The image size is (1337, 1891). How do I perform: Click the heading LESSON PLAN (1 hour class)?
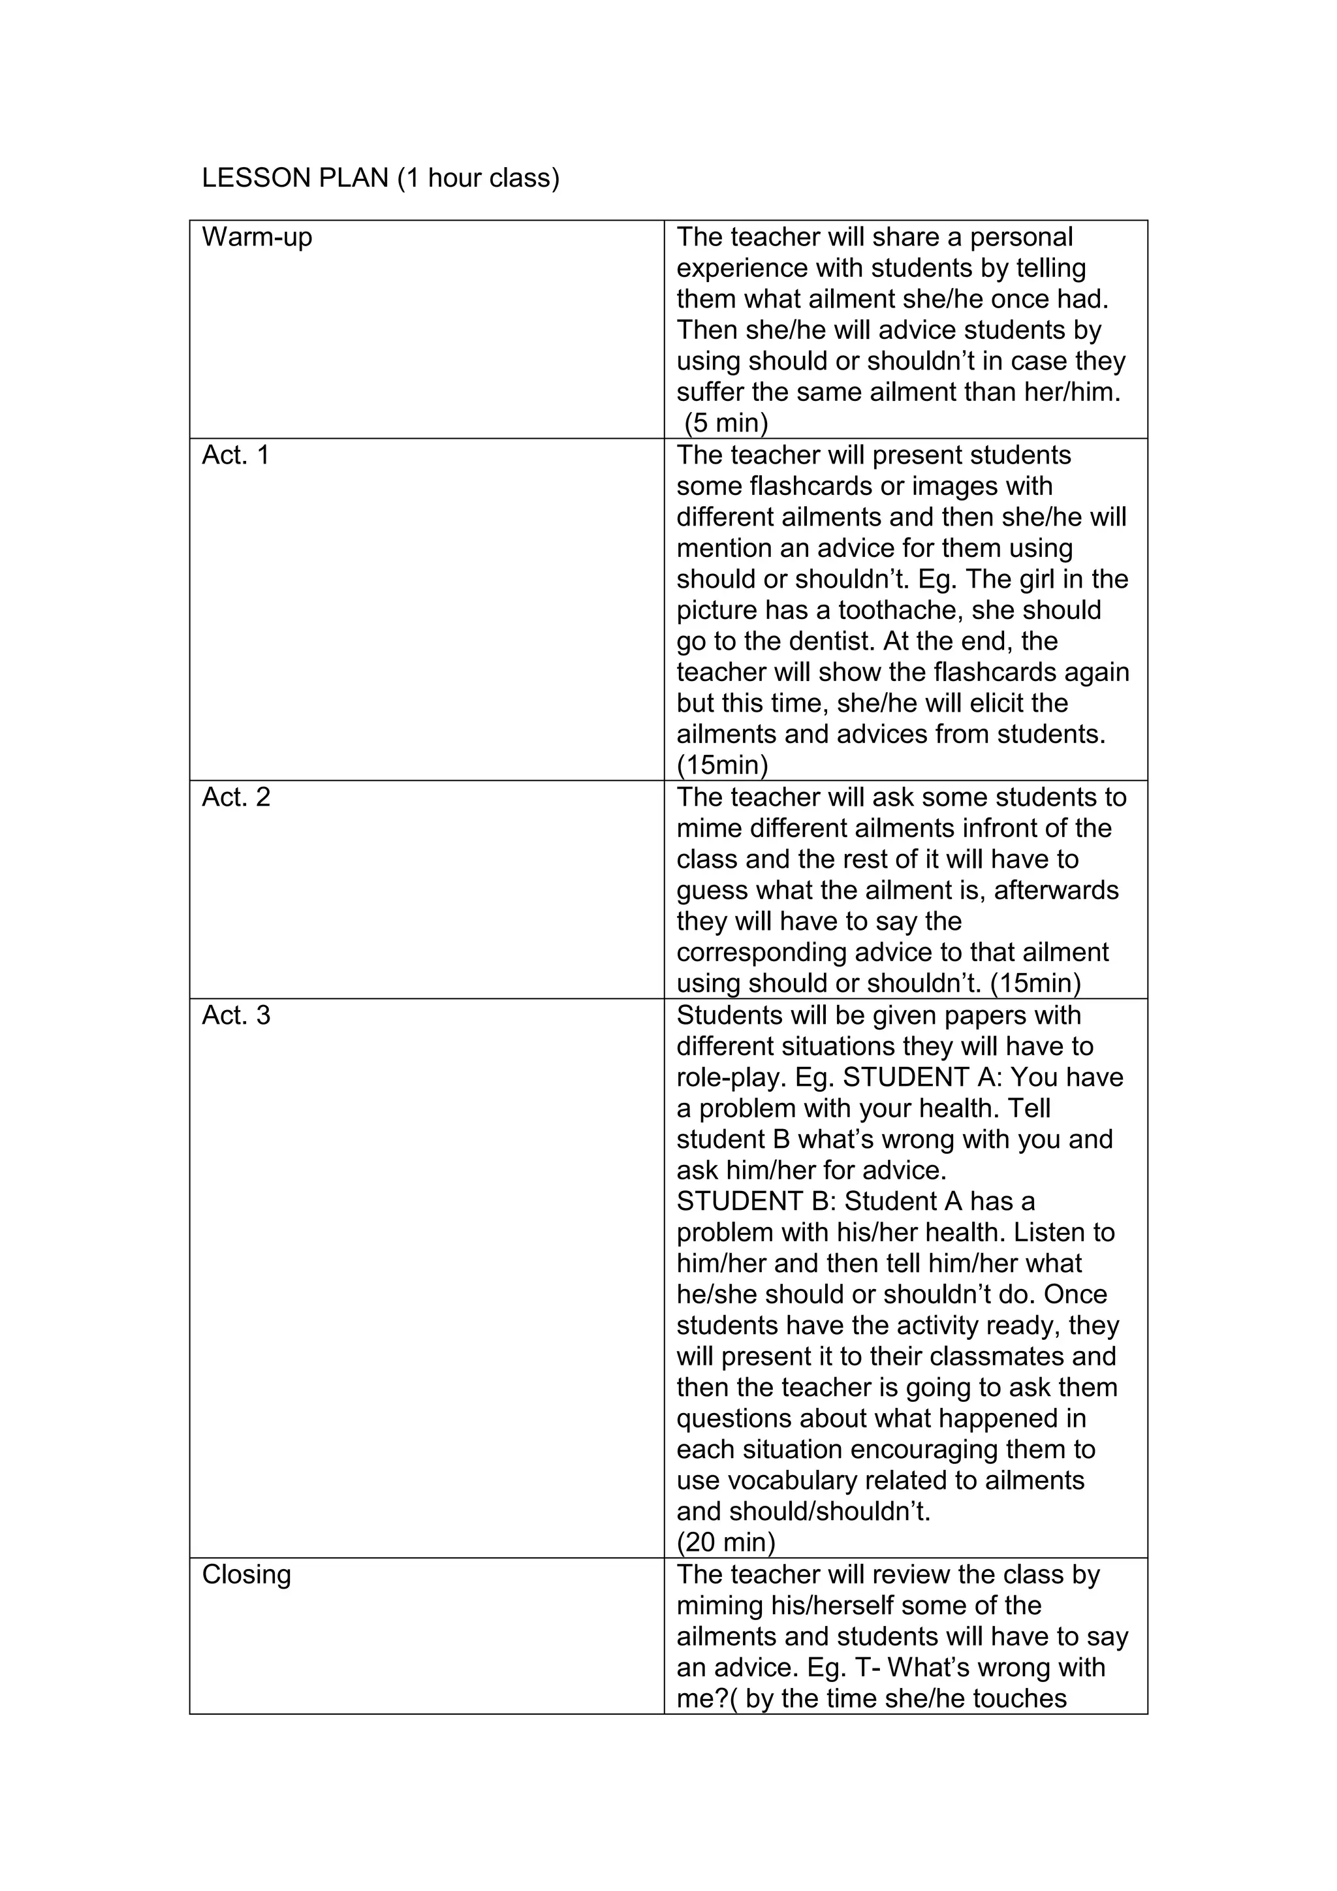(381, 178)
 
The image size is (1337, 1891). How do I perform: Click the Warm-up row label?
(257, 237)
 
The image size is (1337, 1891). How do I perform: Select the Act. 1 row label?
(236, 456)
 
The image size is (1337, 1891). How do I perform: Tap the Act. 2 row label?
(236, 797)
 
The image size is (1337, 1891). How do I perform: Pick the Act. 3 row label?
(236, 1015)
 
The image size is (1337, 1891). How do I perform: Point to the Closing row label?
(246, 1575)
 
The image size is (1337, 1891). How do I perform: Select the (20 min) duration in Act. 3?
(726, 1542)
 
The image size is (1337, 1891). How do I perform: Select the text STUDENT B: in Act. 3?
(757, 1201)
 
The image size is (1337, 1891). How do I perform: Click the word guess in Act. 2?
(712, 891)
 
